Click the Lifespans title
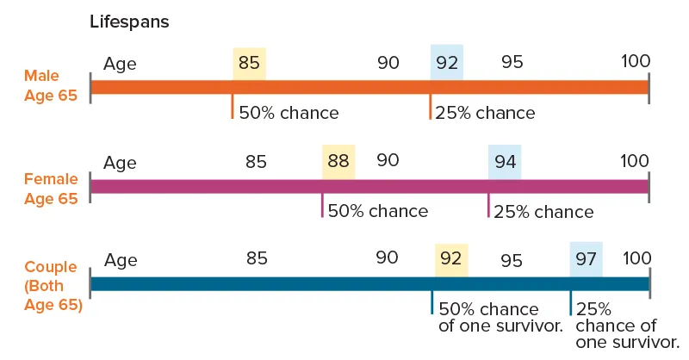(129, 22)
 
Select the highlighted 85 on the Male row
(249, 63)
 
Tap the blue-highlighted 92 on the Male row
(446, 63)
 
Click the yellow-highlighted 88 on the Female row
(338, 161)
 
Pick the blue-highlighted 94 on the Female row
(505, 161)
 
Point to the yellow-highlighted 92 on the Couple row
(451, 258)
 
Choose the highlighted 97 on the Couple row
(586, 258)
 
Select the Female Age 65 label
(50, 189)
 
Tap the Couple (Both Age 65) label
(52, 285)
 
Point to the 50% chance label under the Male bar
(289, 113)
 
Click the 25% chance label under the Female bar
(543, 212)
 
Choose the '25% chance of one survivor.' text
(616, 317)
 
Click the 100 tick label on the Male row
(635, 62)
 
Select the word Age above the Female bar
(120, 161)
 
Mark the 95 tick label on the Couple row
(512, 259)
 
